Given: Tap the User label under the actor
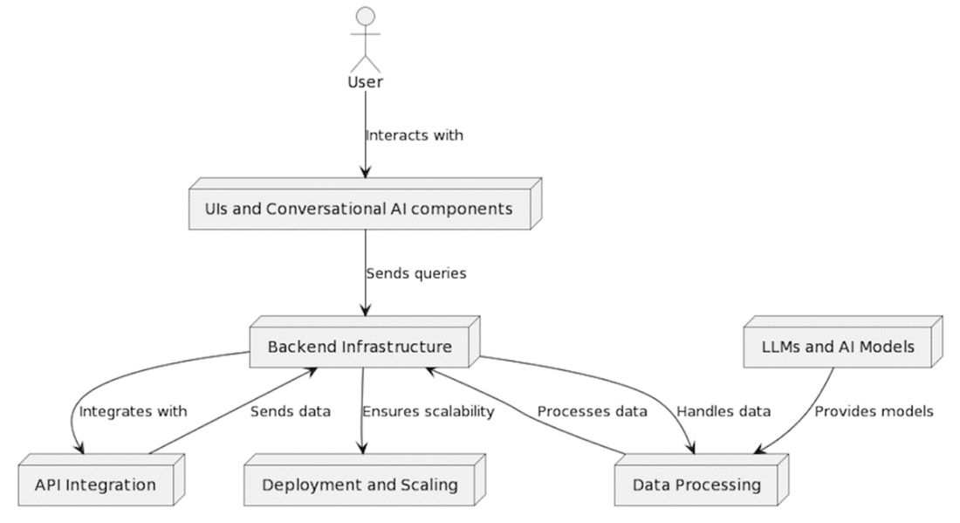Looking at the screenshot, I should coord(366,83).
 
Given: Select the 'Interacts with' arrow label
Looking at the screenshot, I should coord(415,135).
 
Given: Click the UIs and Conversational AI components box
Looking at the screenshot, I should coord(357,210).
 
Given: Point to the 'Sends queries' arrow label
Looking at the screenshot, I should coord(416,273).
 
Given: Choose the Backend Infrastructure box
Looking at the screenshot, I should coord(360,347).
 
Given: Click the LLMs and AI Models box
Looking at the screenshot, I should coord(830,347).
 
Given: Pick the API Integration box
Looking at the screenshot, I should coord(96,484).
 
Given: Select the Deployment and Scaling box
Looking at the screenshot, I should coord(358,484).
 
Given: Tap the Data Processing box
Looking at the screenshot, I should coord(696,484).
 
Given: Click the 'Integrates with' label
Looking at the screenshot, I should coord(133,411).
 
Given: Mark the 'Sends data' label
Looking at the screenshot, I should coord(291,411).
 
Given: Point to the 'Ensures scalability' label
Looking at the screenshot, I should coord(429,411).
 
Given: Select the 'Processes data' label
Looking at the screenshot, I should coord(592,411).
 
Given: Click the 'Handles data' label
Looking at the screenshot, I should coord(723,411).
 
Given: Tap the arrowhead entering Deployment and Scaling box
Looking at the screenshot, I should coord(361,450).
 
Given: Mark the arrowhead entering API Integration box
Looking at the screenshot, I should coord(79,450).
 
